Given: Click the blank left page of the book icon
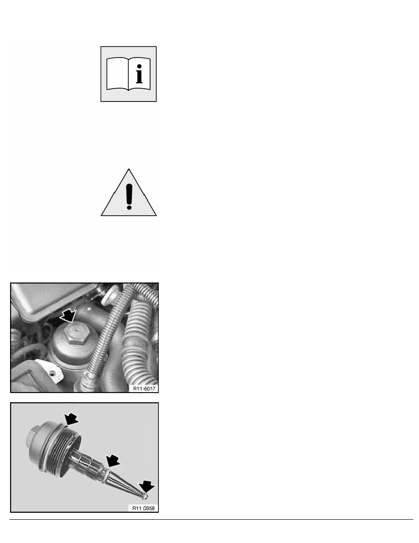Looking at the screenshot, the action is pos(117,74).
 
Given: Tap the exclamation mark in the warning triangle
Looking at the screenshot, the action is pos(129,196).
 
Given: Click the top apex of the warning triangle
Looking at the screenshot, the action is pos(129,169).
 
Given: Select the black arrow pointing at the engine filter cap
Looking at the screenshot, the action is pos(68,315).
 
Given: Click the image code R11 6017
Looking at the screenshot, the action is pos(144,389).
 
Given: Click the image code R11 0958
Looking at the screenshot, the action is pos(143,508).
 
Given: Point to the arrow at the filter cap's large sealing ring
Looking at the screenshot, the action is pos(71,420).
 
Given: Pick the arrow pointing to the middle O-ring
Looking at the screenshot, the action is pos(113,461).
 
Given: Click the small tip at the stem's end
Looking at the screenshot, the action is pos(145,497).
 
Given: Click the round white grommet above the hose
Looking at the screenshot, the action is pos(110,295).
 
